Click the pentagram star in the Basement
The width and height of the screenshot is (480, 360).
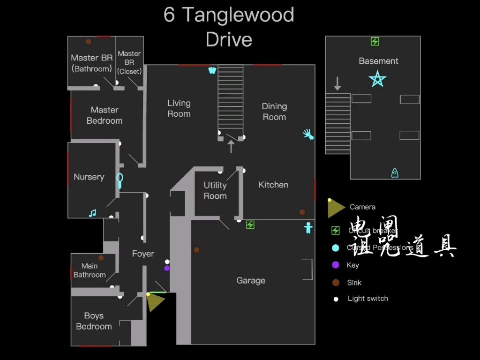(377, 79)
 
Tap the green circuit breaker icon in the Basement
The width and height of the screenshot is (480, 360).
(375, 42)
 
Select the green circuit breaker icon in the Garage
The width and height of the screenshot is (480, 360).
(250, 225)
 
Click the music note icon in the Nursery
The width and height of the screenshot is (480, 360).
(92, 213)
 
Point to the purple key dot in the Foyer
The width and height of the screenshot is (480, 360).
(167, 268)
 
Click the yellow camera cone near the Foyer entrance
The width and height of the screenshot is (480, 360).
(155, 301)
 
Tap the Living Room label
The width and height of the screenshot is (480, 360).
(179, 108)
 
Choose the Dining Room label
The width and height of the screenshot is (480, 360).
(274, 112)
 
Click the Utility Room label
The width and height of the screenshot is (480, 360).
(215, 191)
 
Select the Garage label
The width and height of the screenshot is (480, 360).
(251, 280)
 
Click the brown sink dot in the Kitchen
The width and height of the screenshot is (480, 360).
(302, 212)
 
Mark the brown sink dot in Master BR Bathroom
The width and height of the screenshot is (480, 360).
(88, 42)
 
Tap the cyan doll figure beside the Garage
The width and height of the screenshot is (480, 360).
(308, 228)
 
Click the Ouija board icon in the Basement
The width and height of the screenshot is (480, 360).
(395, 173)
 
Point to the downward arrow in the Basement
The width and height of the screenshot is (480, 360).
(337, 83)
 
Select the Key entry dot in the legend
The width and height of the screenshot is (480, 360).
(336, 265)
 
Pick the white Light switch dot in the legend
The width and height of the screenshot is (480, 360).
(336, 299)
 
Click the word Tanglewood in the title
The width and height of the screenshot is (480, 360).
(238, 15)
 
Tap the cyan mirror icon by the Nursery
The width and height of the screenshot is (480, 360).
(120, 180)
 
